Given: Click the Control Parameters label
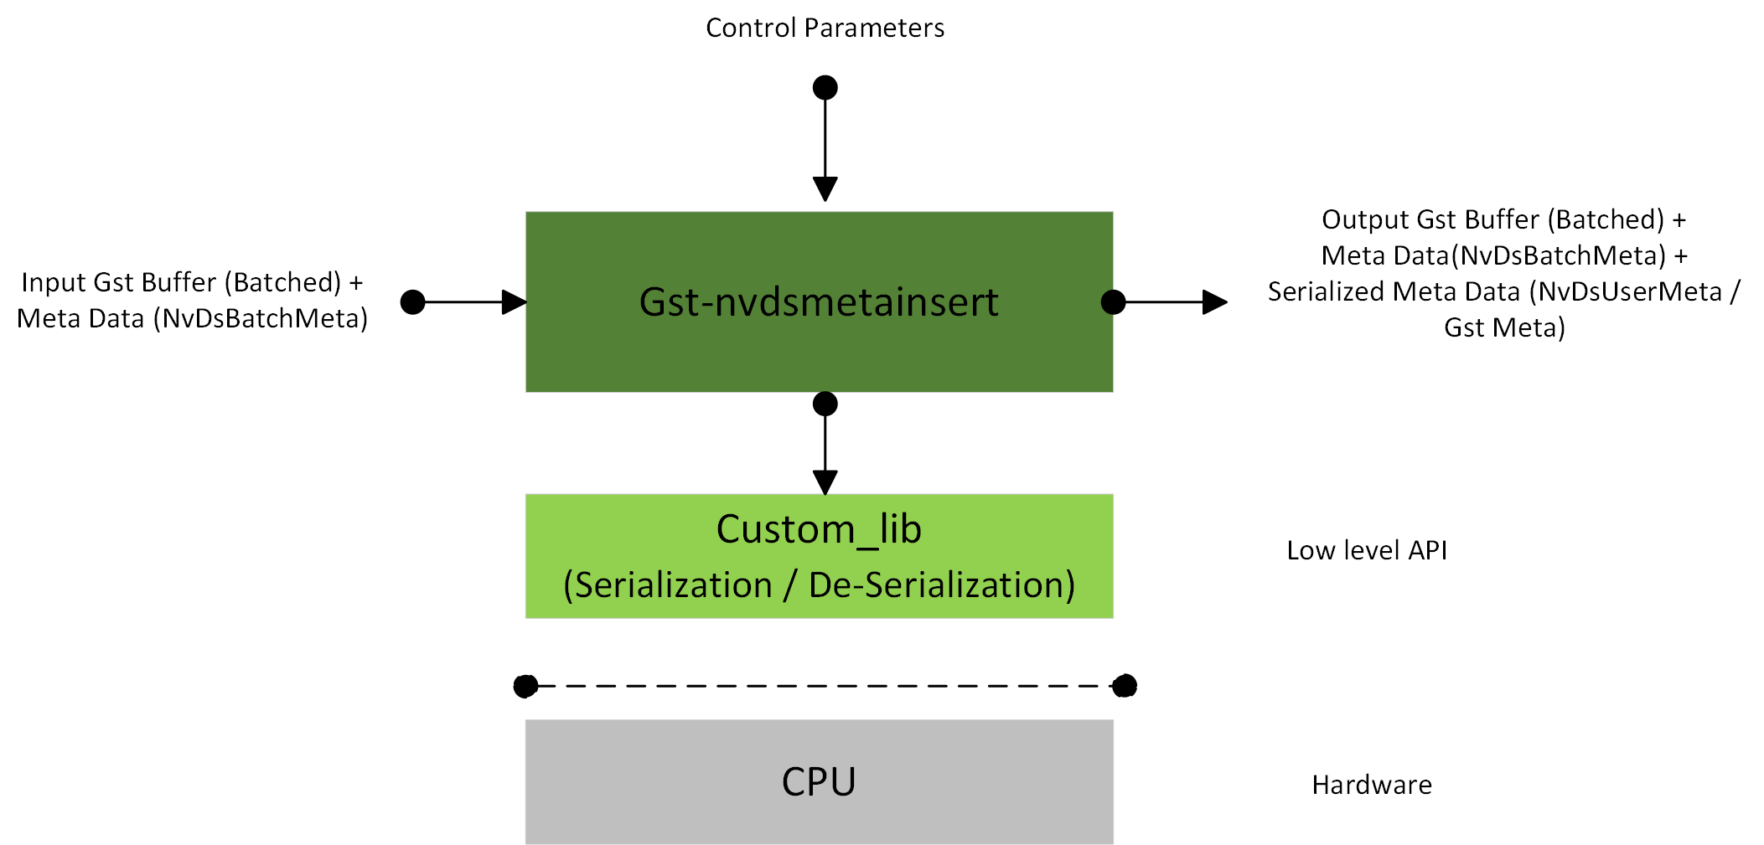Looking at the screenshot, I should click(825, 28).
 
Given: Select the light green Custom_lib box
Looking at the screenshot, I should click(819, 555).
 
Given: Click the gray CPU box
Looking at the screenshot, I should click(819, 781).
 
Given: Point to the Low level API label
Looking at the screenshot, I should click(1367, 550).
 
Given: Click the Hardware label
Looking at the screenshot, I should click(1372, 785).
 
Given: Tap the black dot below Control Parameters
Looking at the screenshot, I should click(825, 87).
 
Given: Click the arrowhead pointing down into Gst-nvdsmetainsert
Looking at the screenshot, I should click(825, 188).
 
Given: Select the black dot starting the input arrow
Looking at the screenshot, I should click(412, 301).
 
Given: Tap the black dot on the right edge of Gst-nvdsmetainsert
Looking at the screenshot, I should click(1113, 301).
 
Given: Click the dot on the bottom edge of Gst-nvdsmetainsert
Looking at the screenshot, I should click(825, 404).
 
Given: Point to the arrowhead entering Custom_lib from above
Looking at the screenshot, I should click(825, 482).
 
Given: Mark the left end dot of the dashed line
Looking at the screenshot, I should click(525, 686).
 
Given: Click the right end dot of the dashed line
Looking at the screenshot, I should click(1125, 686).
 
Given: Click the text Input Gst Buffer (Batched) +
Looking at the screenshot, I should click(192, 282).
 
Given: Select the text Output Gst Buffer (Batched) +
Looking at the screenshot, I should click(1503, 219).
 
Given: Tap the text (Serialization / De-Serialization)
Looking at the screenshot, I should click(819, 585).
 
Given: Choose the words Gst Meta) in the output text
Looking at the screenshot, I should click(1504, 327).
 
